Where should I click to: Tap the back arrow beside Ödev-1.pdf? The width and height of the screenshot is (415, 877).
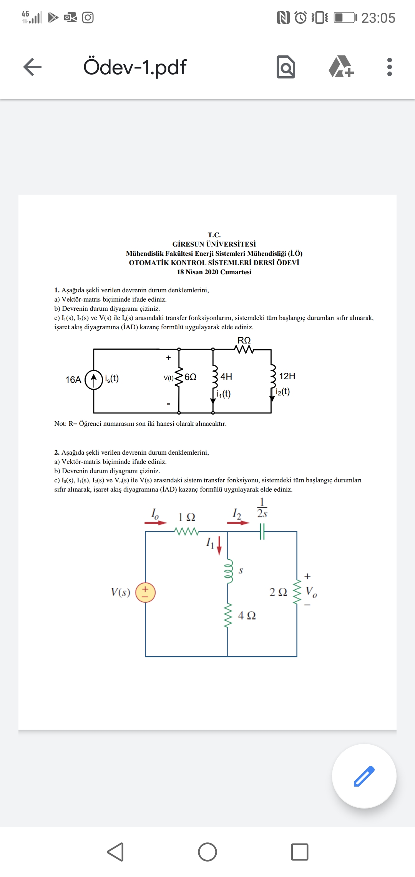point(32,67)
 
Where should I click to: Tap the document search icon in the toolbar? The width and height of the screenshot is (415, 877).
point(286,67)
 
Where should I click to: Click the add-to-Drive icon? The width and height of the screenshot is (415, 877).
point(341,67)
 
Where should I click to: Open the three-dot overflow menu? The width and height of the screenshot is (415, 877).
point(390,67)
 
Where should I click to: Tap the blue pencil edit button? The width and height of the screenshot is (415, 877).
point(364,776)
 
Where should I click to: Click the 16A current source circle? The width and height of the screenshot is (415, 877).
point(94,380)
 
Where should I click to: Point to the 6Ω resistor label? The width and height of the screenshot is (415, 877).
point(191,377)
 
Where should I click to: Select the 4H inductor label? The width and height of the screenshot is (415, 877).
point(226,377)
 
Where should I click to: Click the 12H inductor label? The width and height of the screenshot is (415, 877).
point(287,376)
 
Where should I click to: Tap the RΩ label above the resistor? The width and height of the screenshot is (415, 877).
point(244,340)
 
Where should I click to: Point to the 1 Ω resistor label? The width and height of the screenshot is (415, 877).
point(187,517)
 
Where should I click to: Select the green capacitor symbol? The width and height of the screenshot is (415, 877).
point(262,532)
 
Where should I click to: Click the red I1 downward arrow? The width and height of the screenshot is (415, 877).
point(219,546)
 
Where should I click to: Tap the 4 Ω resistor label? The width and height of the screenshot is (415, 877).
point(247,615)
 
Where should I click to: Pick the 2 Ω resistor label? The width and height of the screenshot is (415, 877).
point(278,592)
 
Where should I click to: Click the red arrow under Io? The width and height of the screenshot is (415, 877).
point(156,523)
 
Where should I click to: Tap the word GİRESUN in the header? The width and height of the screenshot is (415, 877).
point(188,244)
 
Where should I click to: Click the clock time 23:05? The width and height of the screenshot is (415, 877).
point(378,18)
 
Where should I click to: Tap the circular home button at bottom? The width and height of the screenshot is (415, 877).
point(207,852)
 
